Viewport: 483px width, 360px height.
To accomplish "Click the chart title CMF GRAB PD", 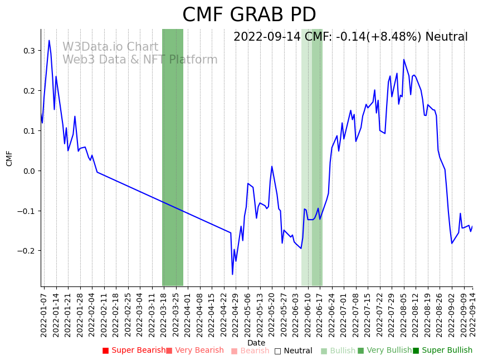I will tap(249, 15).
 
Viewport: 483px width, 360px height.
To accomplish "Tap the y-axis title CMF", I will tap(9, 158).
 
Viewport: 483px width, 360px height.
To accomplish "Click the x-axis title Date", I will tap(256, 343).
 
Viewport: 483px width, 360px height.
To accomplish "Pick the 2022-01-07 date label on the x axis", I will tap(44, 312).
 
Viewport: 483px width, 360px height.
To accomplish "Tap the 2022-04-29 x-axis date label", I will tap(236, 312).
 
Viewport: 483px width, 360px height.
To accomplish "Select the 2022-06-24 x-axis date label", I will tap(331, 312).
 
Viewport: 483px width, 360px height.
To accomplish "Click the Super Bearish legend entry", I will tap(134, 351).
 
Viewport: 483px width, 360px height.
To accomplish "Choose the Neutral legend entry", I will tap(293, 351).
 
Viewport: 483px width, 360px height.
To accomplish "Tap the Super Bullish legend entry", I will tap(442, 351).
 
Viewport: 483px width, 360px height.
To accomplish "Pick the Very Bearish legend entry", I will tap(194, 351).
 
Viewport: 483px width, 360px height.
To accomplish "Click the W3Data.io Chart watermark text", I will tap(110, 47).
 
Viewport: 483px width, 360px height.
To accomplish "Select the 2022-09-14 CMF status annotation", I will tap(350, 37).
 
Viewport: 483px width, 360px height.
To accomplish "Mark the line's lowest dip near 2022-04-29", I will tap(232, 274).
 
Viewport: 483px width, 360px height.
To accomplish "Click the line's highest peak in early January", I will tap(49, 41).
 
